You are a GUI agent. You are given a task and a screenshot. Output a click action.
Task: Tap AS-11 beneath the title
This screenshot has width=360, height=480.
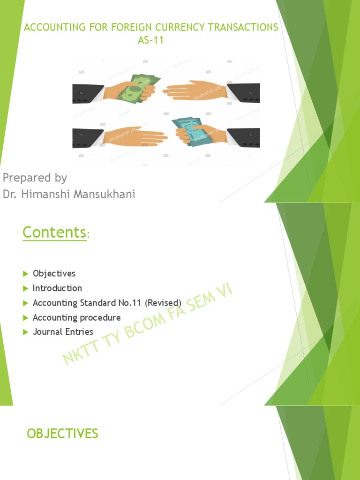coord(150,40)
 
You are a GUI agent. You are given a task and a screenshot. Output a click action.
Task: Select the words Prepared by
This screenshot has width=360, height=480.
coord(35,178)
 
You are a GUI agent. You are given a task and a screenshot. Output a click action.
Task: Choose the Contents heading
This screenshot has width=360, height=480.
coord(54,232)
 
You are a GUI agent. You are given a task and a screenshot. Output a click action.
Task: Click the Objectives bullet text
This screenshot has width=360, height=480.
coord(54,273)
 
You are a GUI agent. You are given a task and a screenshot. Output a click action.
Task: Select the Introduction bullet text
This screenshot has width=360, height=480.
coord(57,288)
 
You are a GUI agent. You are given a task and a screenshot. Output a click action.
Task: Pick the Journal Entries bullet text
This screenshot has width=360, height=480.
coord(63,332)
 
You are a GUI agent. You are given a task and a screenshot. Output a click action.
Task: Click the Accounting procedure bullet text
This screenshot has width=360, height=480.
coord(76,317)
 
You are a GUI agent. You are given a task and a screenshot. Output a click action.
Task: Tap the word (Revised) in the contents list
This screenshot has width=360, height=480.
coord(163,303)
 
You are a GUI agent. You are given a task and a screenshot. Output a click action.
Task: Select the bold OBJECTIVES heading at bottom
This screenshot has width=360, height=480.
coord(62,434)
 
